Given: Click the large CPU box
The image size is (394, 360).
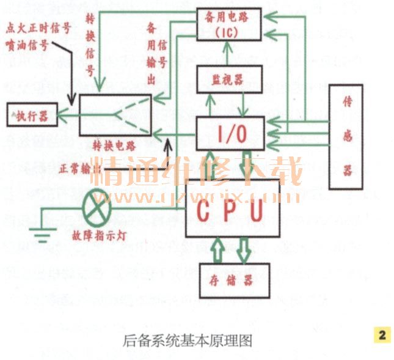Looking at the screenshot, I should (x=232, y=208).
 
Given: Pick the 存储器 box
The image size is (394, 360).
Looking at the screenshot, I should (x=225, y=281).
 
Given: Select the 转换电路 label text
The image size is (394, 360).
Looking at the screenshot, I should (x=115, y=147).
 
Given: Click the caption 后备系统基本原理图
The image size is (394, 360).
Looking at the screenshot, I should (x=188, y=339).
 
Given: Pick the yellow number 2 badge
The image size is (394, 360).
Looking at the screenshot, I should (x=382, y=334).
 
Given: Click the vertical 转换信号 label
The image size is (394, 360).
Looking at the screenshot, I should (x=89, y=45).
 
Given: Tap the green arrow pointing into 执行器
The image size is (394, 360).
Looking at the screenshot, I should (x=65, y=114).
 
